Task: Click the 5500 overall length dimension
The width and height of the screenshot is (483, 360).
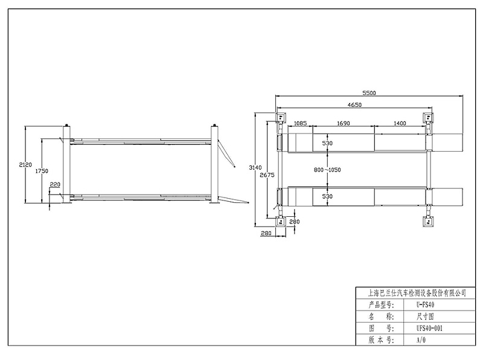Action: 369,93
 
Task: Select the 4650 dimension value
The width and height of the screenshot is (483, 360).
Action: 354,104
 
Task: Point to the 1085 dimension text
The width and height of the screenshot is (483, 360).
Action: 300,123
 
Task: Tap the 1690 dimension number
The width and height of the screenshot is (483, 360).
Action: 343,123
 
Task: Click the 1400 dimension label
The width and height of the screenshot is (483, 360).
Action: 400,123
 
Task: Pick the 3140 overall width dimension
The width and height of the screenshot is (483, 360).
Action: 255,168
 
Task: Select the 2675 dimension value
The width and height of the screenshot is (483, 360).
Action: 267,175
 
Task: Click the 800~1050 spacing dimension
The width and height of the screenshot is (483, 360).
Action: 327,170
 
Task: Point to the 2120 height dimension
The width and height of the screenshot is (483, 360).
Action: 25,165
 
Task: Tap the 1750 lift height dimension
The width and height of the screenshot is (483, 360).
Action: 41,171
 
